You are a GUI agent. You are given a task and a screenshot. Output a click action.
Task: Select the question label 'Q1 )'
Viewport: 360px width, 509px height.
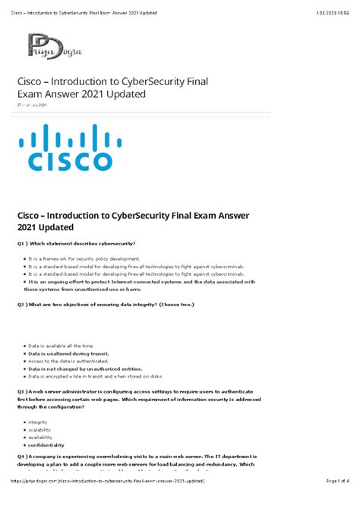point(24,243)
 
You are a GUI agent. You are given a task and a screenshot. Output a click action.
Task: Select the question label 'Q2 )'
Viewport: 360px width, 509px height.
point(24,304)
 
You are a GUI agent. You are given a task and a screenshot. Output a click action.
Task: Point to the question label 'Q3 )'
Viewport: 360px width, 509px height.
point(24,392)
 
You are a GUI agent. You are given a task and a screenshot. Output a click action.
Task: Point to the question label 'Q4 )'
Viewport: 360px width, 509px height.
point(24,457)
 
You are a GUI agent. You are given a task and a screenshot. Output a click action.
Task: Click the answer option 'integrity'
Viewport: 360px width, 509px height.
point(37,422)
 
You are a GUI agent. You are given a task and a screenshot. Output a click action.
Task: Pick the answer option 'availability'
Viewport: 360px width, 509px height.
point(41,437)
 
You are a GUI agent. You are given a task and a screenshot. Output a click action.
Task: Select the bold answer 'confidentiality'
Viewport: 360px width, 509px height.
point(46,444)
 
